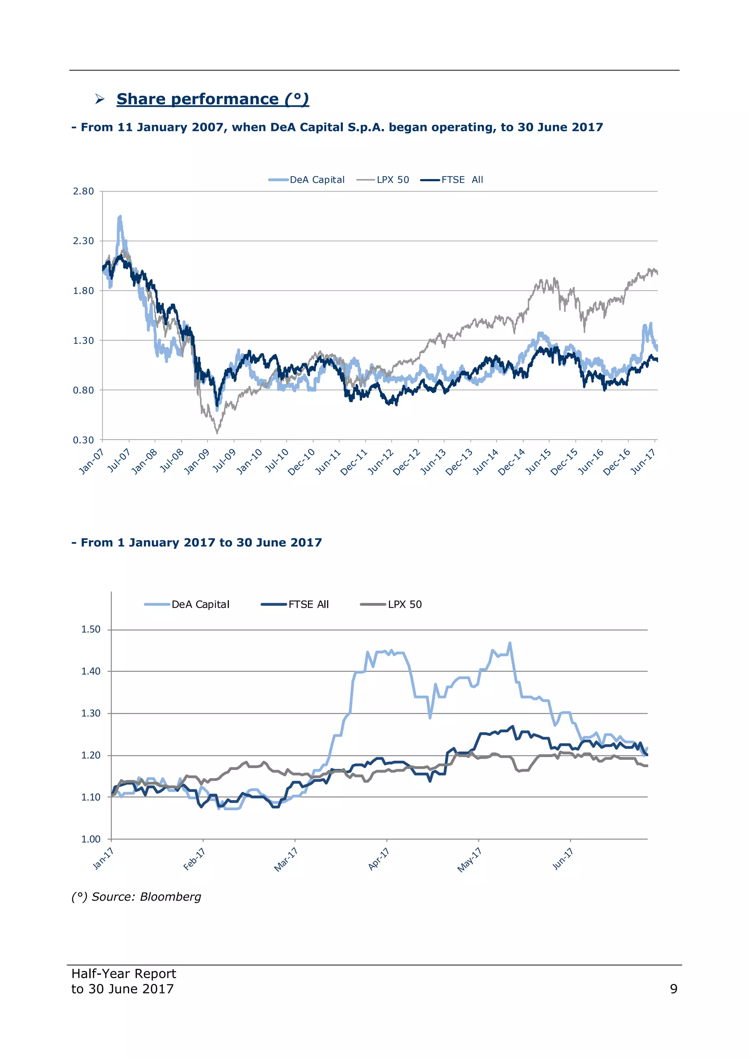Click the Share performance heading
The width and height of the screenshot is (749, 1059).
coord(212,99)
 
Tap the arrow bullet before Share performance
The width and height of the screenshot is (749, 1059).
coord(99,99)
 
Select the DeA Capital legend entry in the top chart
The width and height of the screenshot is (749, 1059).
coord(307,180)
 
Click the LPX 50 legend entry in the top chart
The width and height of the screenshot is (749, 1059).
coord(383,180)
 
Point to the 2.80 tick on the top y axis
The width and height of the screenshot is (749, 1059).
coord(83,191)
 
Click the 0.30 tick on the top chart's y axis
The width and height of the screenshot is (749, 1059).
coord(83,440)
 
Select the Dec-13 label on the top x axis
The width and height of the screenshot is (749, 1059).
coord(459,462)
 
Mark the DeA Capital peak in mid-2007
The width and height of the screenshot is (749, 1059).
coord(120,216)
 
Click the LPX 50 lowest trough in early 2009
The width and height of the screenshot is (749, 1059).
coord(217,432)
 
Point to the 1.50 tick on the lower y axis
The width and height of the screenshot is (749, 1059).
coord(91,630)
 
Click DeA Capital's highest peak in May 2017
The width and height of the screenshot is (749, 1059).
coord(509,643)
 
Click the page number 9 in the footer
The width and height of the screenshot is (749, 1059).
coord(673,989)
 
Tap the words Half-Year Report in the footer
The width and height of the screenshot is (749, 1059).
coord(124,974)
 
